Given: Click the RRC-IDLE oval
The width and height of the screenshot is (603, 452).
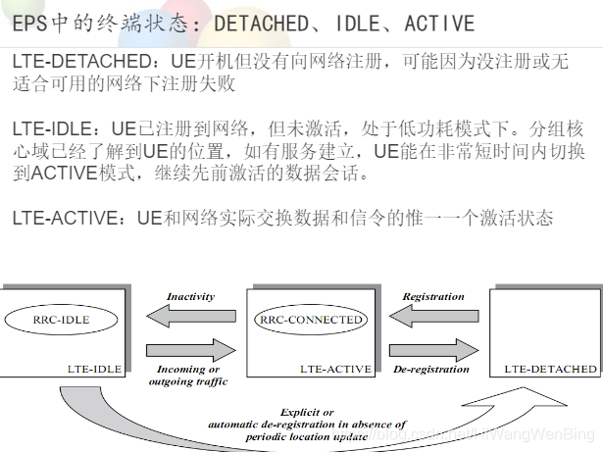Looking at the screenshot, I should pyautogui.click(x=61, y=320).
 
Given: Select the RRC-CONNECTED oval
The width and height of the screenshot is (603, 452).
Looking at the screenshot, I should pyautogui.click(x=310, y=320).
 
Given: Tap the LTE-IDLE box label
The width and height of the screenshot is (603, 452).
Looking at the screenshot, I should pyautogui.click(x=95, y=370).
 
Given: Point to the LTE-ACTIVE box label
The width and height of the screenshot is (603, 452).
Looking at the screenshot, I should pyautogui.click(x=335, y=370).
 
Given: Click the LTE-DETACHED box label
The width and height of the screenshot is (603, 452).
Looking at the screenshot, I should pyautogui.click(x=550, y=370).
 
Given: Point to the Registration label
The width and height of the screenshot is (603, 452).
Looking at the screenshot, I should pyautogui.click(x=432, y=296).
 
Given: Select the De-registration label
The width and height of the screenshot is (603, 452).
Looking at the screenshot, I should pyautogui.click(x=432, y=370).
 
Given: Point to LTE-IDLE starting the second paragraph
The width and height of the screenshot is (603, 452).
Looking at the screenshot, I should pyautogui.click(x=50, y=128).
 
